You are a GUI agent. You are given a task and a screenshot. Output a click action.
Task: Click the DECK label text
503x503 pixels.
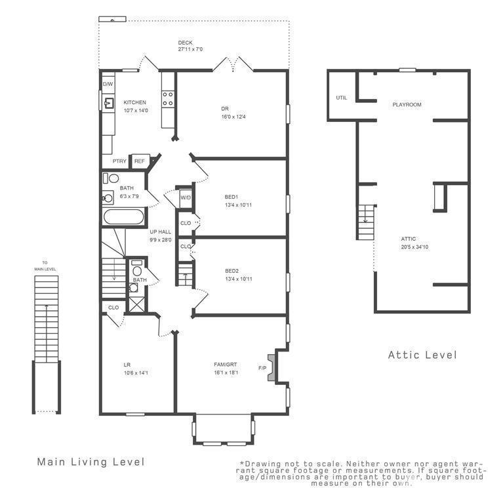pyautogui.click(x=186, y=43)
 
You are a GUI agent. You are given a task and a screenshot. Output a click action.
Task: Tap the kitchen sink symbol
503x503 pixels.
pyautogui.click(x=109, y=103)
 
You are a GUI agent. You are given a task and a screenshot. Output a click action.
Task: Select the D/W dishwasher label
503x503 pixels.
pyautogui.click(x=108, y=84)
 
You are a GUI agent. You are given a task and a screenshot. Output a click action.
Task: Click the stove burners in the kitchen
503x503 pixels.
pyautogui.click(x=167, y=98)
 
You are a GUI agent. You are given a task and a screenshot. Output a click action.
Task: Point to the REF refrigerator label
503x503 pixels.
pyautogui.click(x=139, y=161)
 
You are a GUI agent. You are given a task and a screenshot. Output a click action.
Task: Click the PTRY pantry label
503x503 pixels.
pyautogui.click(x=119, y=161)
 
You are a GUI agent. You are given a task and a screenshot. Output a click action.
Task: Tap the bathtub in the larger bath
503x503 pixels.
pyautogui.click(x=123, y=217)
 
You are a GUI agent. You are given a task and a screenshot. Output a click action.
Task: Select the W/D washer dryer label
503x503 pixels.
pyautogui.click(x=186, y=197)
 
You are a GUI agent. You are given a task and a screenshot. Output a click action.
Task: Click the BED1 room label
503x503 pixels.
pyautogui.click(x=231, y=197)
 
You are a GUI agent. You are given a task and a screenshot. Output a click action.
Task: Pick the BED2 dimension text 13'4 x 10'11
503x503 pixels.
pyautogui.click(x=239, y=279)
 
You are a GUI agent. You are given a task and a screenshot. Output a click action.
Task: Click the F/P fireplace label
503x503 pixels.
pyautogui.click(x=262, y=368)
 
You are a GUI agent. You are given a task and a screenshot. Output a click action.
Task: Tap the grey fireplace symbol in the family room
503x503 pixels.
pyautogui.click(x=272, y=368)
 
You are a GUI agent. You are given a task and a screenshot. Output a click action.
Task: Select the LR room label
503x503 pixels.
pyautogui.click(x=127, y=365)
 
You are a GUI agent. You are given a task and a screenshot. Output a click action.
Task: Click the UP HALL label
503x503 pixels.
pyautogui.click(x=161, y=231)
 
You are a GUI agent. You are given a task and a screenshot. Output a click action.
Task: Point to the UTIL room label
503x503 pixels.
pyautogui.click(x=341, y=98)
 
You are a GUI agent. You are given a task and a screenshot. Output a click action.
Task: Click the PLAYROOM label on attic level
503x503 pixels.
pyautogui.click(x=407, y=104)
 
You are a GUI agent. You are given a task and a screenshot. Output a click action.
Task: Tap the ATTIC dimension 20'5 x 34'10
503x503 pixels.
pyautogui.click(x=414, y=247)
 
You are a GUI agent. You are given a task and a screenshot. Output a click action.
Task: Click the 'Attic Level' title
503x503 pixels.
pyautogui.click(x=422, y=355)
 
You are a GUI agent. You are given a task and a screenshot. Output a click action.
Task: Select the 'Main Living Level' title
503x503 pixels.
pyautogui.click(x=91, y=462)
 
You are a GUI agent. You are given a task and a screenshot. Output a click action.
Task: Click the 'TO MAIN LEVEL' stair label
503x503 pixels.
pyautogui.click(x=45, y=266)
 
